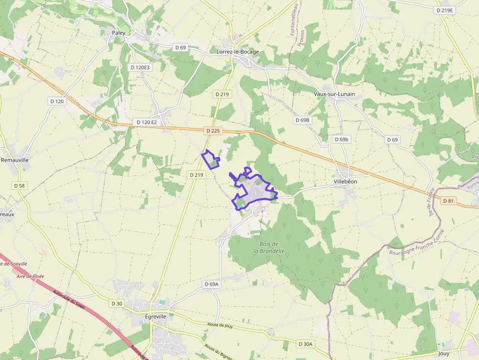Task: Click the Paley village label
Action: pyautogui.click(x=119, y=33)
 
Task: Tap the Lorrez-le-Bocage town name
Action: pyautogui.click(x=238, y=51)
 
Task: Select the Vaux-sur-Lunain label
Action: pyautogui.click(x=334, y=94)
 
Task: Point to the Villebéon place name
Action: pyautogui.click(x=345, y=181)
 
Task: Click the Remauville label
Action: pyautogui.click(x=15, y=160)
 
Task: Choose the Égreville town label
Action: pyautogui.click(x=156, y=316)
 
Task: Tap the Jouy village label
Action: pyautogui.click(x=444, y=353)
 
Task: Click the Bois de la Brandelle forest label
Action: pyautogui.click(x=268, y=248)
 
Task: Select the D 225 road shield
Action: pyautogui.click(x=214, y=131)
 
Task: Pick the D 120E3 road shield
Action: pyautogui.click(x=140, y=67)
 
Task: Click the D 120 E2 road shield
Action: pyautogui.click(x=147, y=122)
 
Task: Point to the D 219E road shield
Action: pyautogui.click(x=444, y=10)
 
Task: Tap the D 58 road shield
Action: pyautogui.click(x=19, y=186)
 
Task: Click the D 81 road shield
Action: pyautogui.click(x=448, y=201)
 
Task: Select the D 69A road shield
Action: pyautogui.click(x=212, y=284)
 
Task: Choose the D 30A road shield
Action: pyautogui.click(x=305, y=344)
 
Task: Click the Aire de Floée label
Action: pyautogui.click(x=30, y=276)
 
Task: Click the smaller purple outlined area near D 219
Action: pyautogui.click(x=211, y=159)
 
